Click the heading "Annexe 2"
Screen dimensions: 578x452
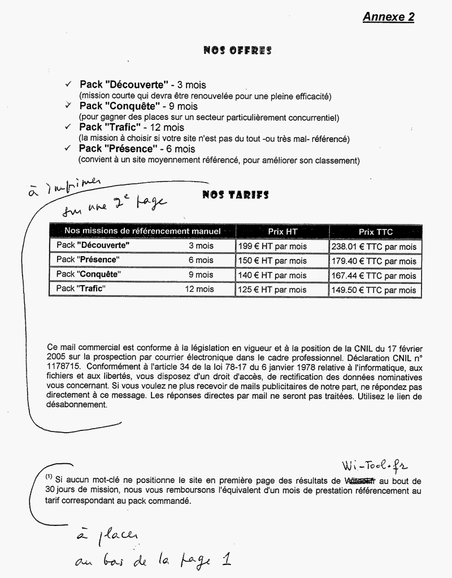tap(388, 17)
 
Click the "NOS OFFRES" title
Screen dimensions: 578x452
tap(237, 51)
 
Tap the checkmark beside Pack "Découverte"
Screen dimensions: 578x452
tap(68, 84)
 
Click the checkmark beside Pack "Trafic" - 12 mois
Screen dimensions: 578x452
tap(68, 127)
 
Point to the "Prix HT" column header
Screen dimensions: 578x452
tap(282, 232)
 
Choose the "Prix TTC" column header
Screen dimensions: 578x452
tap(375, 232)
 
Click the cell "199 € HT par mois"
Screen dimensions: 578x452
tap(272, 247)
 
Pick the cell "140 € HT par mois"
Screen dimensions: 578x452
tap(272, 275)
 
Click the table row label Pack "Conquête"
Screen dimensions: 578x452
tap(89, 275)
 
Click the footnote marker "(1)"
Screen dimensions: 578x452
tap(49, 477)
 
